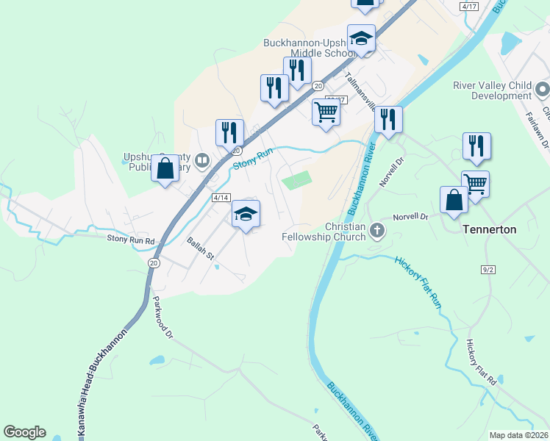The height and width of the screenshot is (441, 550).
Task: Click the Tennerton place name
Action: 490,229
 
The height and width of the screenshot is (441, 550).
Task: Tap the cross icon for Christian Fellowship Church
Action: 377,231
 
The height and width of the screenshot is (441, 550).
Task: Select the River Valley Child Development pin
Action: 542,90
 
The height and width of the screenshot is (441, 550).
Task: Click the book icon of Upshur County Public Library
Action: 202,159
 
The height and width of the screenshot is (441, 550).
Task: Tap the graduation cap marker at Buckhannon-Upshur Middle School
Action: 361,38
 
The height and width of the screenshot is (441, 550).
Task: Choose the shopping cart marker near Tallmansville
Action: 326,112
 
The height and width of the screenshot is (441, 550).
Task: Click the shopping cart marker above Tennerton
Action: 475,184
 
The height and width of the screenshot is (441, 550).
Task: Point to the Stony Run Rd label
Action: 131,240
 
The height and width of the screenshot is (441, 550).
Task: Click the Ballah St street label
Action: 199,246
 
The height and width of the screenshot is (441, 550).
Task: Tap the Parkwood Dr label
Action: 162,318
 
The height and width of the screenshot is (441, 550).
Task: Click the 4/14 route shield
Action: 221,198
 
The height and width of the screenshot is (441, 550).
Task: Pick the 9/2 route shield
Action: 488,270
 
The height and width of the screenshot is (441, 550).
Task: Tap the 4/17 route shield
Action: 468,6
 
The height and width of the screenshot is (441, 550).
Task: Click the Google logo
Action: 24,432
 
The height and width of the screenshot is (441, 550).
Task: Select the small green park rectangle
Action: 297,180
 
